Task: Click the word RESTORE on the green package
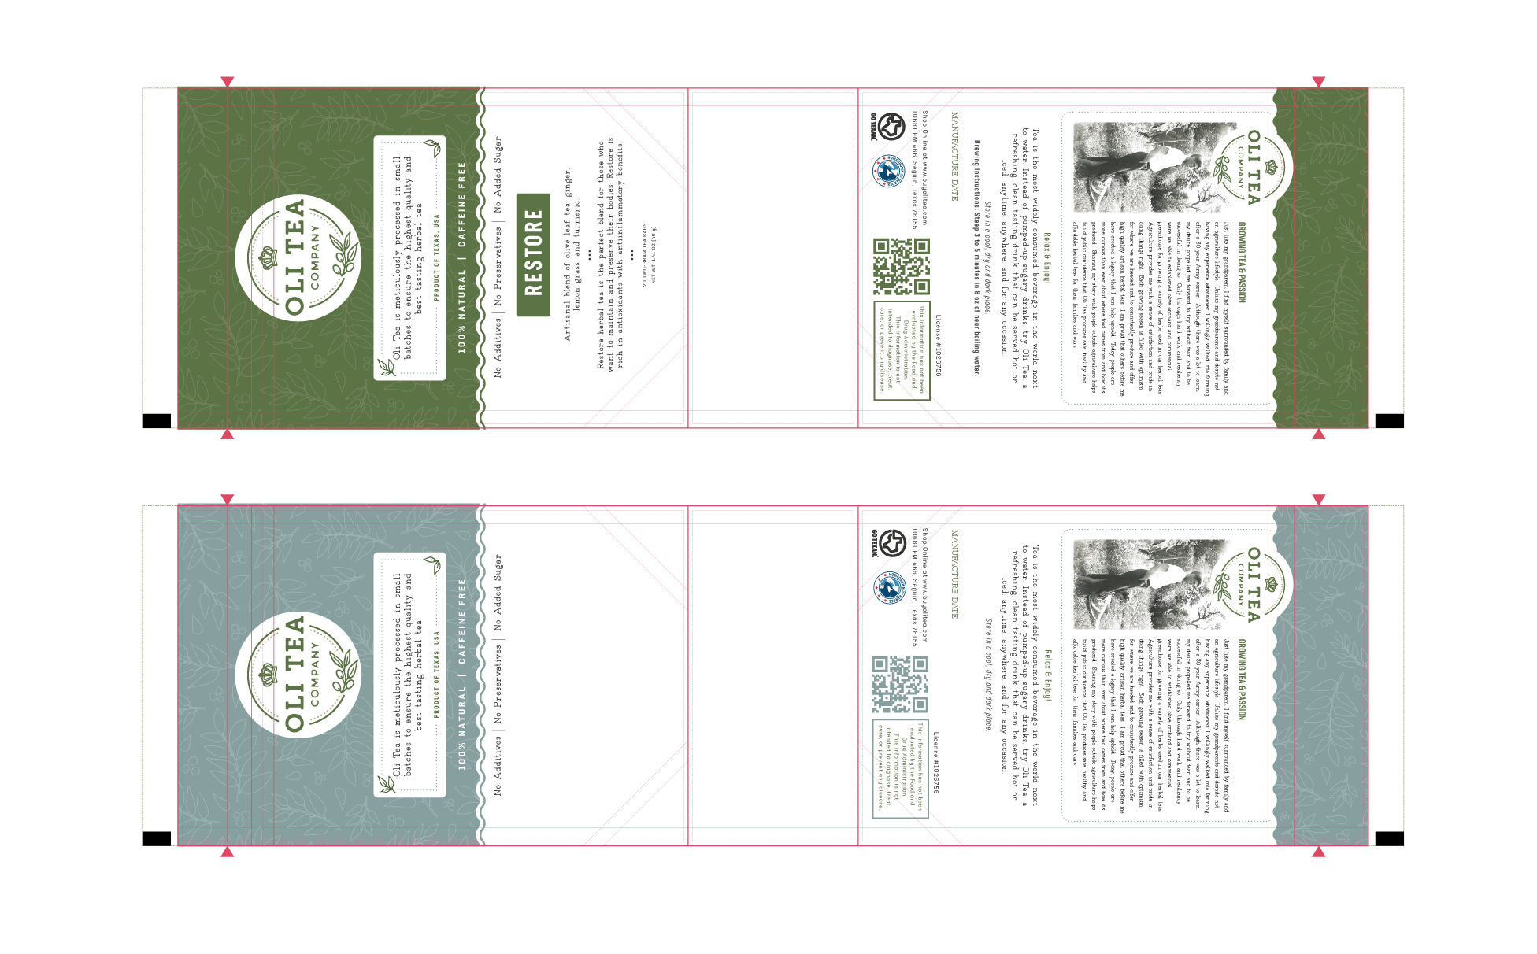tap(534, 253)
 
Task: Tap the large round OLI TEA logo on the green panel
tap(298, 257)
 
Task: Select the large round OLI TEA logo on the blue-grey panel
tap(298, 675)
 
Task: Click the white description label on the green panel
tap(409, 257)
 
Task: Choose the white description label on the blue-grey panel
tap(409, 675)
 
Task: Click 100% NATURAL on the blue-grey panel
tap(462, 729)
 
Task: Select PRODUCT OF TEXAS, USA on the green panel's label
tap(436, 257)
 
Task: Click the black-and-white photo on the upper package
tap(1146, 167)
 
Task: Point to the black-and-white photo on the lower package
tap(1146, 584)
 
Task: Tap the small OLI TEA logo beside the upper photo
tap(1250, 168)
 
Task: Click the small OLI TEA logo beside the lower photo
tap(1250, 585)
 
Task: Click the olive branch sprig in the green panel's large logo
tap(343, 256)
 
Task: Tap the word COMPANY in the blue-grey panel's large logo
tap(316, 675)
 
